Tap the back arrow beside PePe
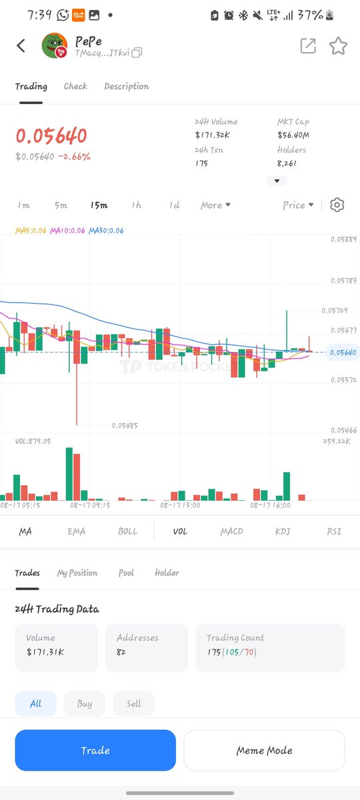click(x=21, y=45)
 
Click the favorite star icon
click(x=339, y=45)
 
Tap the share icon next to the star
click(x=308, y=45)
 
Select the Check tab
click(x=75, y=86)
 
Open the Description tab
click(x=126, y=86)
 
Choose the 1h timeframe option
click(x=137, y=205)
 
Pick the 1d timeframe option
click(x=174, y=205)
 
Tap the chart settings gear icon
click(x=337, y=205)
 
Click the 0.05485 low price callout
click(x=125, y=425)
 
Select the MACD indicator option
click(x=231, y=531)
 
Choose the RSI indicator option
click(x=334, y=531)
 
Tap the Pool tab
click(x=126, y=573)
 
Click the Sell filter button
click(x=133, y=703)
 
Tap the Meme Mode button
click(x=264, y=751)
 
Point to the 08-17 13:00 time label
click(x=181, y=506)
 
